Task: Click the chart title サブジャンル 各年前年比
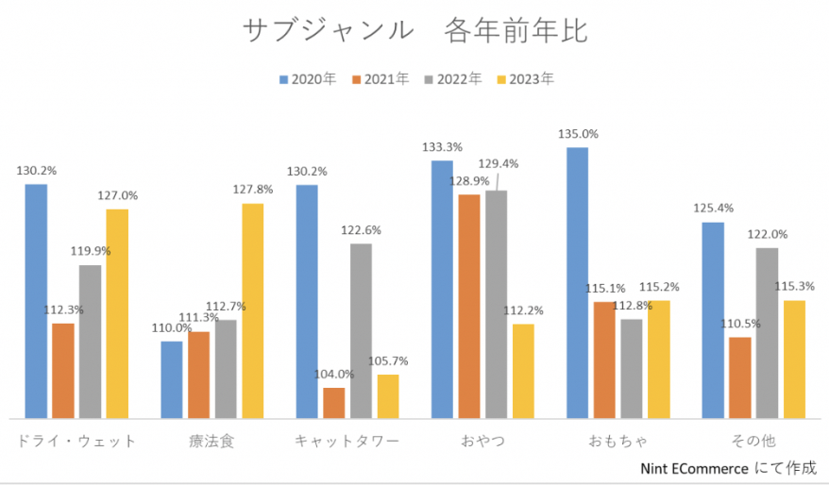(x=414, y=31)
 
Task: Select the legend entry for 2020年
(x=308, y=79)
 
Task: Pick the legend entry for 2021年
(x=381, y=79)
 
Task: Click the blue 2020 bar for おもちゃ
(x=577, y=282)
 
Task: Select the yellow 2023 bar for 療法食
(x=253, y=310)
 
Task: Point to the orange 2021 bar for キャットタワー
(x=334, y=402)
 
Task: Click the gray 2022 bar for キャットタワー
(x=361, y=330)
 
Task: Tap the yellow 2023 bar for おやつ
(x=523, y=370)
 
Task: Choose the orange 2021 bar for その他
(x=740, y=376)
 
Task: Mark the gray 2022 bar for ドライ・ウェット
(x=90, y=341)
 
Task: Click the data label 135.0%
(x=578, y=134)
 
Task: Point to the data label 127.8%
(x=253, y=190)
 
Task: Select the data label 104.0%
(x=334, y=374)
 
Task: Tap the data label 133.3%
(x=442, y=147)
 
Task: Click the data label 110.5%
(x=740, y=324)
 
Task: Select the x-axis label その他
(x=753, y=441)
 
